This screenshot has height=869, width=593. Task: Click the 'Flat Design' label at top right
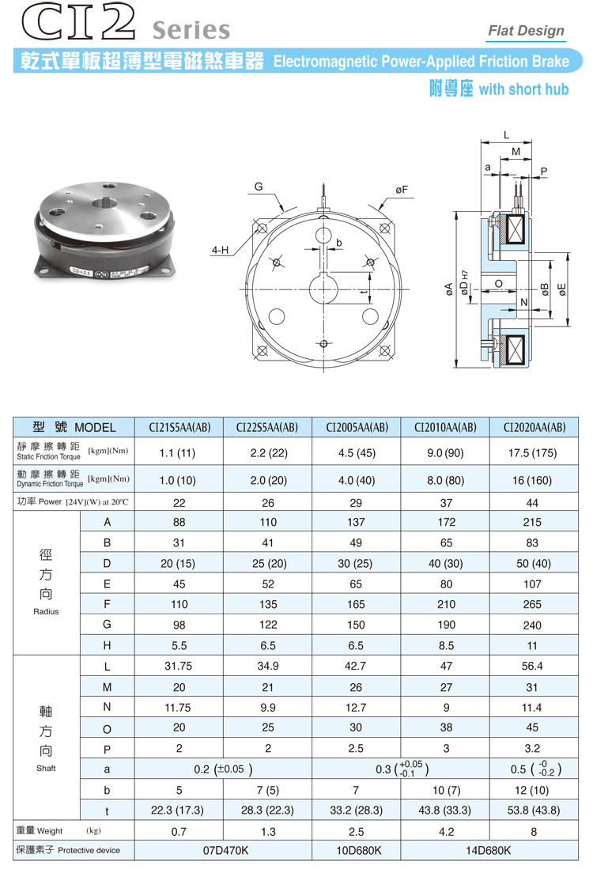526,31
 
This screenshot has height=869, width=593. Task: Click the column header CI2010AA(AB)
445,427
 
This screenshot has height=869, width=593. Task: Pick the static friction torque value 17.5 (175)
534,453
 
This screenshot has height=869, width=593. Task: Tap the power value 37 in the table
445,503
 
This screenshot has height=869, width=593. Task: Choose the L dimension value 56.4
534,667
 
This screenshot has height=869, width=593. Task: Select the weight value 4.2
445,831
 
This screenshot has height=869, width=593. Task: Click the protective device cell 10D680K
357,850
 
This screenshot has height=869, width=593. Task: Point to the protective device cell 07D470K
224,850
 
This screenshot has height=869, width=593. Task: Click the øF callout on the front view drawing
402,190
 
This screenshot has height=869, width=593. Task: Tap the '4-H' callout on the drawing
220,251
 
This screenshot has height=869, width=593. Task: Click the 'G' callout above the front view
259,187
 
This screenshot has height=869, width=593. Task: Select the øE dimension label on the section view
561,289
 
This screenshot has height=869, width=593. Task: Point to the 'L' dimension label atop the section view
506,135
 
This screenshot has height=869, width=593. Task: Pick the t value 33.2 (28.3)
357,810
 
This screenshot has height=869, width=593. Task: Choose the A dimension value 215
534,522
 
